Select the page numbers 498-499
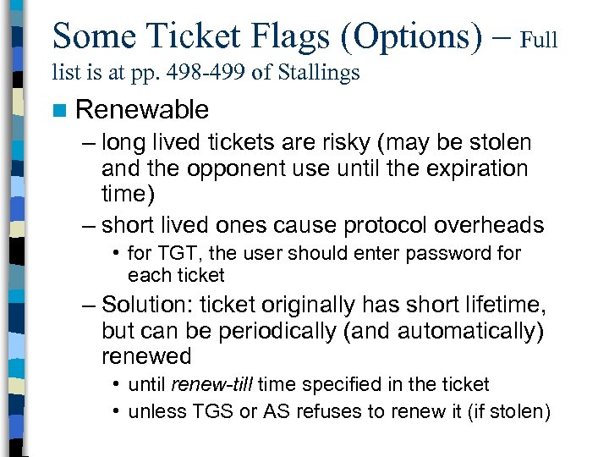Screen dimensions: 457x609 (200, 73)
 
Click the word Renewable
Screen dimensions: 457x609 (142, 109)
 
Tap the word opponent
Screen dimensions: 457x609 (237, 168)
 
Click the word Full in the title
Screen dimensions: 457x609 (539, 40)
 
